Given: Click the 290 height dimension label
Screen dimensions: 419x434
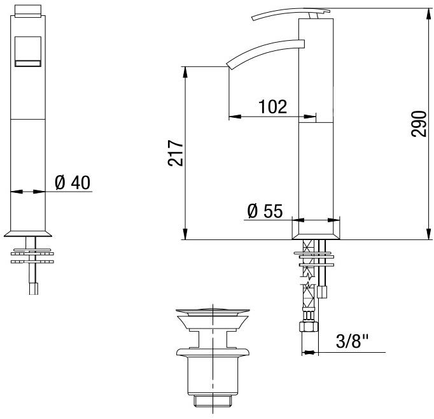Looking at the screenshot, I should [x=418, y=122].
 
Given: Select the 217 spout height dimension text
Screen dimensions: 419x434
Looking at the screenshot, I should [x=175, y=153].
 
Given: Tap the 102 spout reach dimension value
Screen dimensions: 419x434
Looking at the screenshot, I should [x=272, y=106].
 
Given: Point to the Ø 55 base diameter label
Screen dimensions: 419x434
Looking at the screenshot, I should [x=264, y=210].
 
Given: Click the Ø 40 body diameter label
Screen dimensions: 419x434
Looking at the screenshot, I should [x=73, y=182].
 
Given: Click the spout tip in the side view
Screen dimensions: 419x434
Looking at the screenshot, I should [x=230, y=63].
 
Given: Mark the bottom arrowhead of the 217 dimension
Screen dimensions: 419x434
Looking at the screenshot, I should [x=185, y=235].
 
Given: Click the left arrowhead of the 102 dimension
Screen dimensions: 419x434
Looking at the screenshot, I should [x=234, y=117].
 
